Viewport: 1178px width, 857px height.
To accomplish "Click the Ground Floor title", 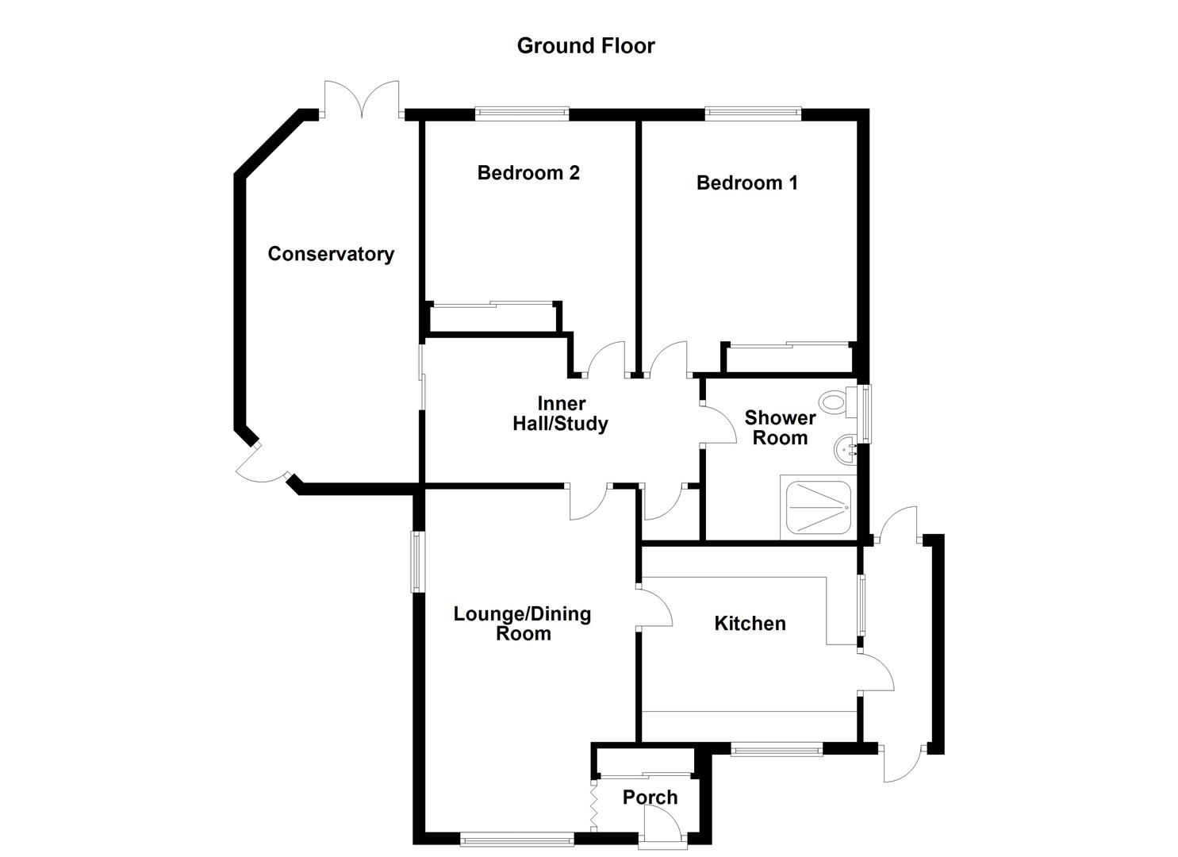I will [585, 46].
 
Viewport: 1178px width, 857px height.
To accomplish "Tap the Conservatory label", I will [331, 254].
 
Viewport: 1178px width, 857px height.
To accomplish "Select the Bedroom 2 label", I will [528, 173].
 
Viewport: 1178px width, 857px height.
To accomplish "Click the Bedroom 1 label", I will [746, 183].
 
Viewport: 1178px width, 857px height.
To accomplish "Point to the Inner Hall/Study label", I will [560, 413].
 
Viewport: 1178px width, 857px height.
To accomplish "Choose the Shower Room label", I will [780, 428].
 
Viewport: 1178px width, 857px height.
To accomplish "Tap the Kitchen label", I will [750, 624].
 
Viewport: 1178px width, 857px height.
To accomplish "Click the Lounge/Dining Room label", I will [522, 624].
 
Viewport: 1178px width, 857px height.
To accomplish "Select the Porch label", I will [650, 797].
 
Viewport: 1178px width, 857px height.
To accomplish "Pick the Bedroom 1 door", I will [669, 359].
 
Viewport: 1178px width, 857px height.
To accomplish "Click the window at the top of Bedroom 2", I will [522, 113].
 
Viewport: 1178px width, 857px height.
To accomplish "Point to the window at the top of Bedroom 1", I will [752, 113].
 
